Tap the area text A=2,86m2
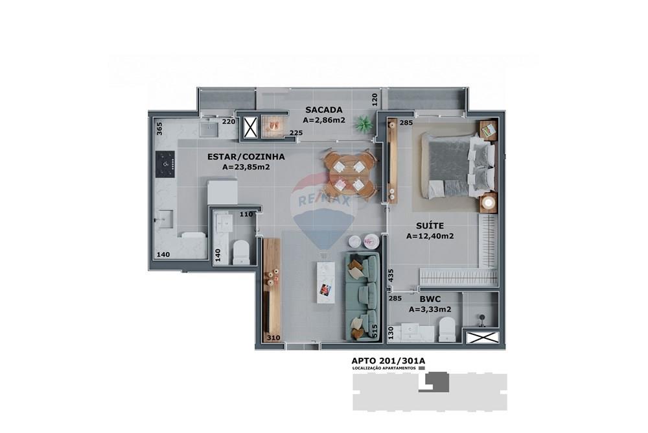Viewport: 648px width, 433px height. click(x=324, y=120)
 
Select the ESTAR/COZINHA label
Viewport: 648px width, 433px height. click(x=246, y=156)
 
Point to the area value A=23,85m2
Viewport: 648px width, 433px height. click(x=246, y=167)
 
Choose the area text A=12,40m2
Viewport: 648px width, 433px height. click(x=430, y=236)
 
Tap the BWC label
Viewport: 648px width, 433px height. click(x=430, y=299)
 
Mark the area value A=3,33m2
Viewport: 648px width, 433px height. click(x=430, y=310)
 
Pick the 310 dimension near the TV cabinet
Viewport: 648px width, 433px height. click(x=273, y=338)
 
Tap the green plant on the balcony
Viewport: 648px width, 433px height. click(x=364, y=123)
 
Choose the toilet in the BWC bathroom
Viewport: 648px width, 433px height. click(x=446, y=329)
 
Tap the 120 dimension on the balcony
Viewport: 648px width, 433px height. click(x=374, y=99)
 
